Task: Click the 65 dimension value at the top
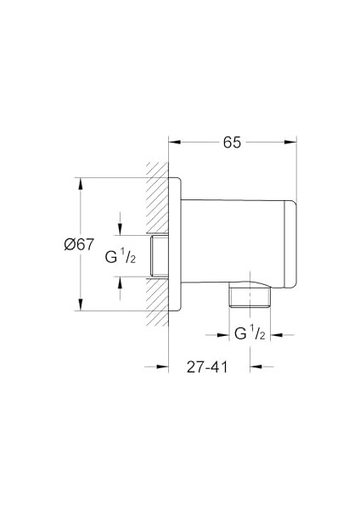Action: (232, 143)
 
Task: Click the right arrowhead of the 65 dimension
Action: (294, 143)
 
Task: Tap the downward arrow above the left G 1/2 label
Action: (121, 231)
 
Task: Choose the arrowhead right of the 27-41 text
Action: (254, 366)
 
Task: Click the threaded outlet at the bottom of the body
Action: (249, 297)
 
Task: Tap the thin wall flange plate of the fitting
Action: (176, 245)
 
